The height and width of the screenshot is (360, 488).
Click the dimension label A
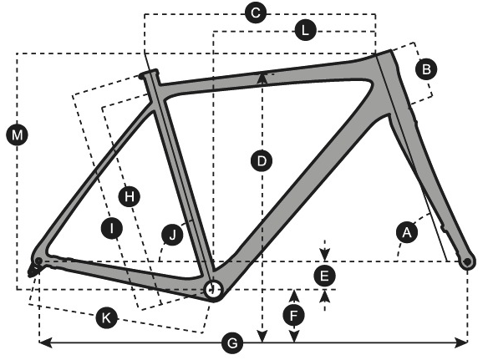click(x=407, y=232)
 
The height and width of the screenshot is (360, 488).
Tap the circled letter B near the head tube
click(x=426, y=69)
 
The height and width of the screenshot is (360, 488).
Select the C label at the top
click(x=256, y=13)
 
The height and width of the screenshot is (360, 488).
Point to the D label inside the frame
click(x=262, y=161)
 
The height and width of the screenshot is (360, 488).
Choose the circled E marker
click(x=324, y=276)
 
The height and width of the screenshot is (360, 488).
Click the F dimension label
click(x=294, y=316)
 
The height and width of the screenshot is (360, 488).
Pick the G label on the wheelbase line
click(x=232, y=343)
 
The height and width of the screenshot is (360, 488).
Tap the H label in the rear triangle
click(x=130, y=196)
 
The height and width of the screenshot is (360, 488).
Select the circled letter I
click(x=112, y=228)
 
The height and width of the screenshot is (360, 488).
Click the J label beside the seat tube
click(x=172, y=235)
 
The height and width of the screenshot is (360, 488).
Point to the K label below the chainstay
click(x=106, y=318)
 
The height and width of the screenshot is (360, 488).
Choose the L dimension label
click(x=305, y=31)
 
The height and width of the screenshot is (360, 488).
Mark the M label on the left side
click(x=17, y=135)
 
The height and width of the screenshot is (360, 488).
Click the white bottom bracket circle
click(x=213, y=290)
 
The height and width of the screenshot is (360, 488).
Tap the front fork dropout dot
click(x=467, y=262)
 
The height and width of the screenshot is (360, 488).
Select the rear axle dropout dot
click(x=38, y=261)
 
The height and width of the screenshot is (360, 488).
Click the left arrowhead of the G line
click(x=45, y=342)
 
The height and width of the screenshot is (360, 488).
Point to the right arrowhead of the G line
click(x=461, y=342)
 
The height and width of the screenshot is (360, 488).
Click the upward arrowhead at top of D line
click(x=262, y=78)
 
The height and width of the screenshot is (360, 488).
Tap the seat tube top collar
click(x=149, y=74)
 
